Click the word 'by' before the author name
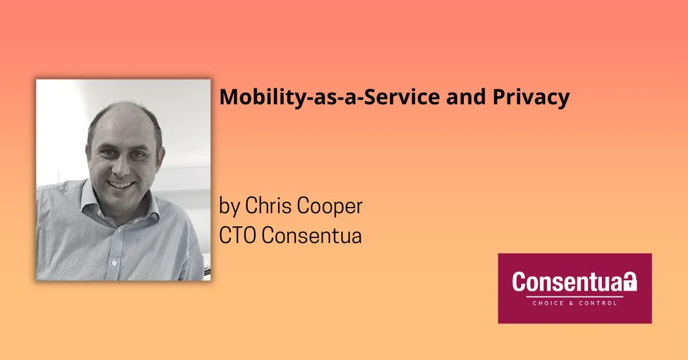tap(229, 207)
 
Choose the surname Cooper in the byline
tap(332, 207)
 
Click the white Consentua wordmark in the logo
tap(568, 282)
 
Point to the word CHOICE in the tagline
tap(545, 303)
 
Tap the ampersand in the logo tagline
tap(570, 303)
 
